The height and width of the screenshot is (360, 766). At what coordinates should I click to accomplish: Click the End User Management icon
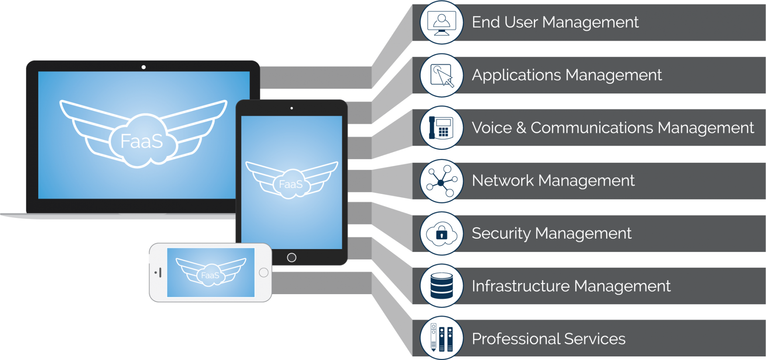(441, 23)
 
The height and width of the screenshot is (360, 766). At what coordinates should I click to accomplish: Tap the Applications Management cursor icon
(441, 75)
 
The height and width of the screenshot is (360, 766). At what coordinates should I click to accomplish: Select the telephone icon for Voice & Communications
(441, 128)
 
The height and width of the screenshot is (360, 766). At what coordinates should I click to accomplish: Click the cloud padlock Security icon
(441, 233)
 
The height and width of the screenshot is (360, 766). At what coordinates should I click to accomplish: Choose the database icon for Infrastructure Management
(441, 286)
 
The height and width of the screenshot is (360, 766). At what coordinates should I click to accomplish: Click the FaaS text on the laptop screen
(142, 141)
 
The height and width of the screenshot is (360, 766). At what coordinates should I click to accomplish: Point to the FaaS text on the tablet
(290, 184)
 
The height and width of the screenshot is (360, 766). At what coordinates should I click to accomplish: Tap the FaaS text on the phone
(210, 275)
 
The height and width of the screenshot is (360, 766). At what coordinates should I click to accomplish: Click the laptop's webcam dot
(144, 67)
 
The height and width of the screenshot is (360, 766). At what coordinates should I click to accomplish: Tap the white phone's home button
(264, 273)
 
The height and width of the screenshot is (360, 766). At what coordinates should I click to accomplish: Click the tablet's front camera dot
(292, 108)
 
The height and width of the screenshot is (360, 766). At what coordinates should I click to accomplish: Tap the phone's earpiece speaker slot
(160, 273)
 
